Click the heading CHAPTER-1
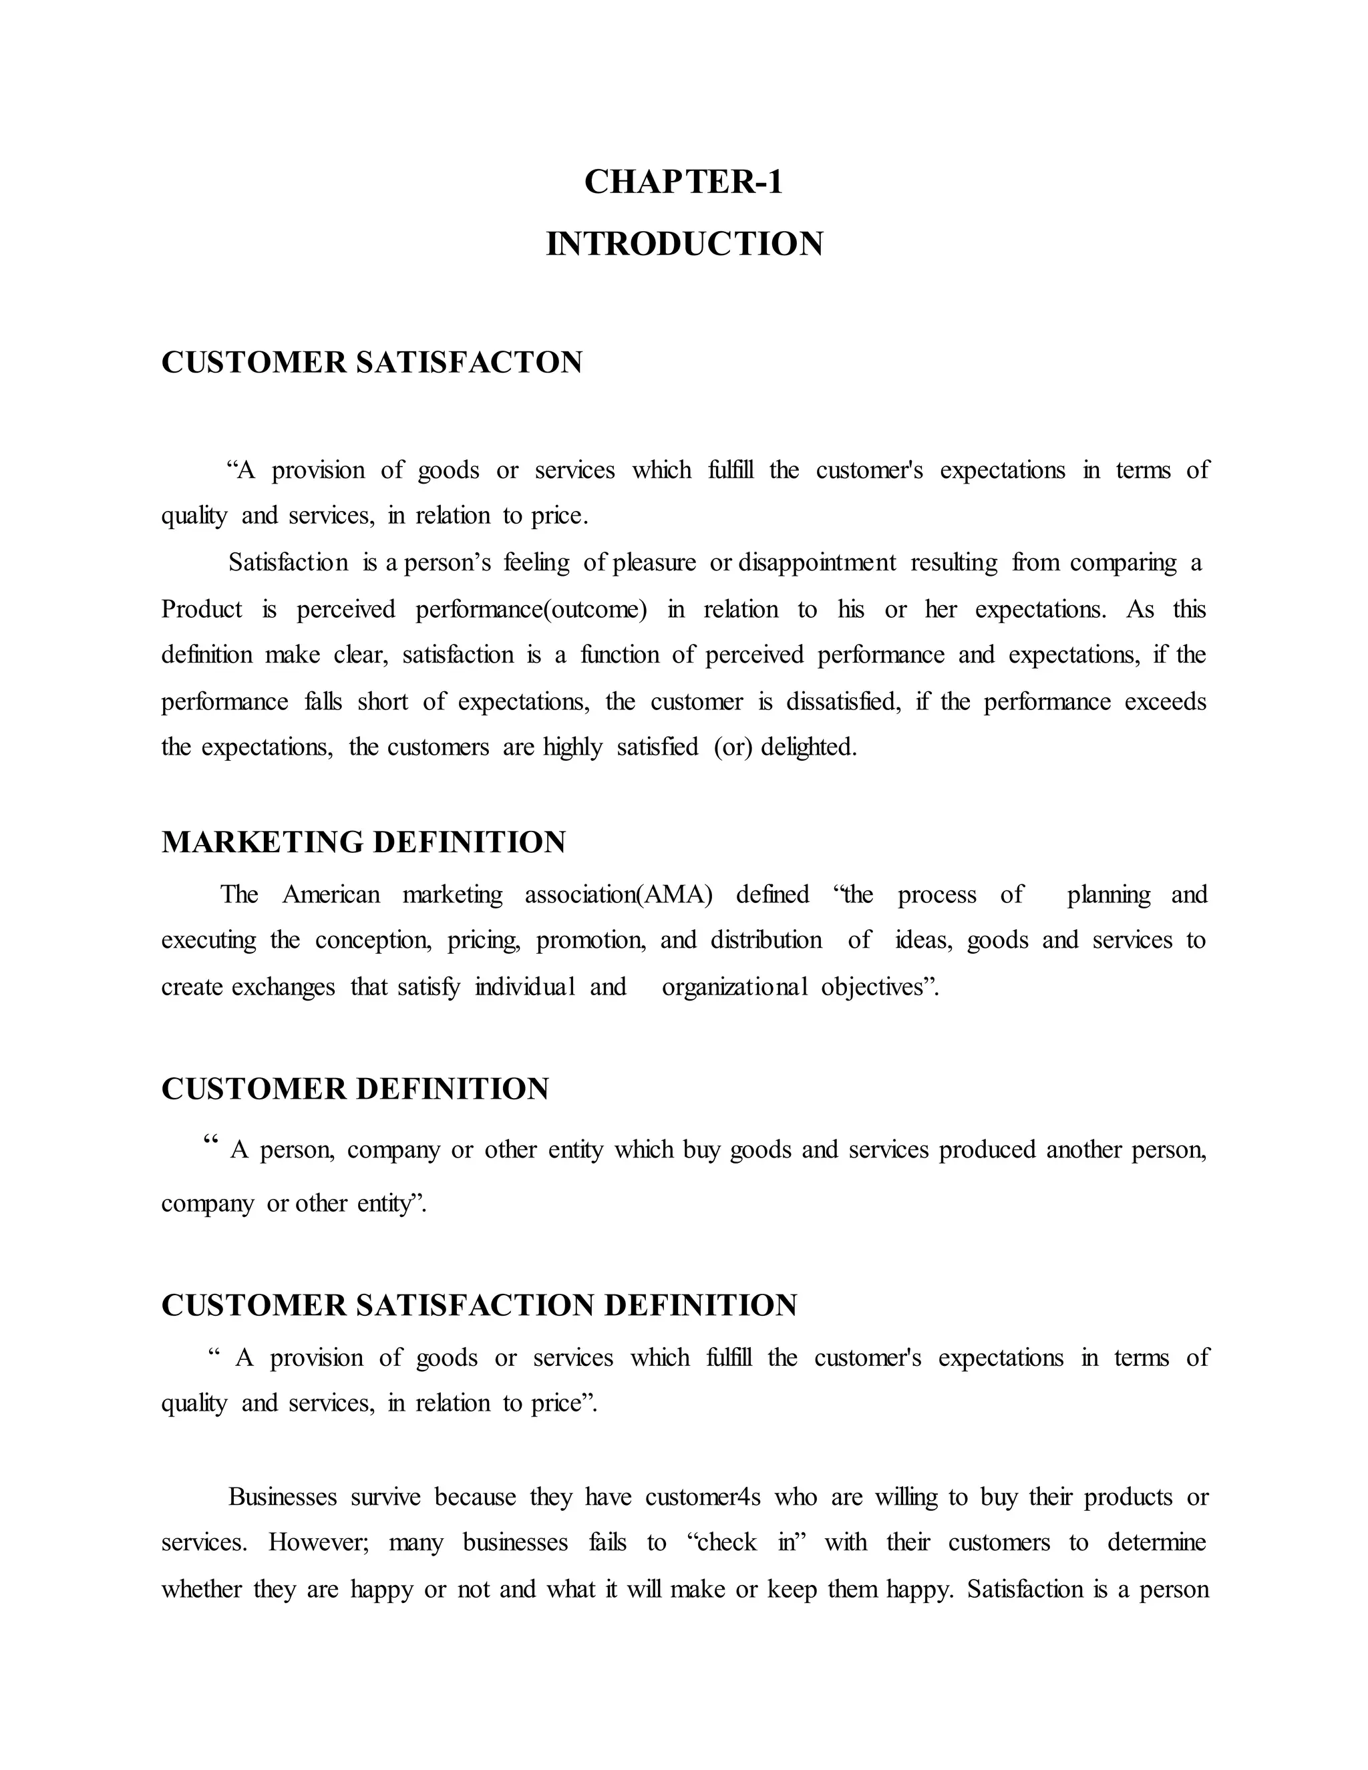point(683,182)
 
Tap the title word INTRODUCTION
point(684,244)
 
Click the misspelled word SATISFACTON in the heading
point(469,362)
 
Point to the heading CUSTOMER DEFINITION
point(355,1089)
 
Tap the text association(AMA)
point(619,895)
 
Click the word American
point(331,895)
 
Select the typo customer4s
point(703,1497)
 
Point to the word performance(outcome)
point(531,609)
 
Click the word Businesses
point(283,1497)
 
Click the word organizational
point(734,987)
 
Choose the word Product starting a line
point(202,609)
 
